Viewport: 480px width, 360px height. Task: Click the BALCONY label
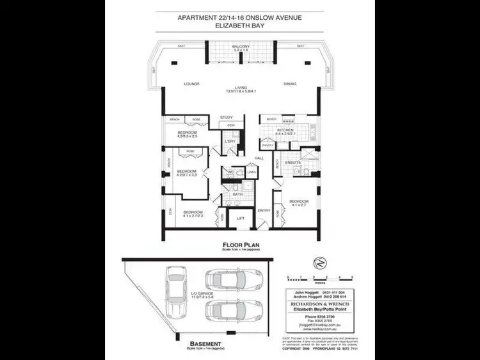(x=241, y=47)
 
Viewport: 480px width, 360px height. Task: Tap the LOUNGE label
(x=192, y=84)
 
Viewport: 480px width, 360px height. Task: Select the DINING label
(x=291, y=84)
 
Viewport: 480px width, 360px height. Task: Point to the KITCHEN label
(x=285, y=130)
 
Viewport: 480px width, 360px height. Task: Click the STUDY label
(x=226, y=117)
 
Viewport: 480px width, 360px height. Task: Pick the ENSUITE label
(x=292, y=163)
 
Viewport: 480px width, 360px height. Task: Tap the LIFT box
(x=241, y=218)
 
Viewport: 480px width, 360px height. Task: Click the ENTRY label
(x=264, y=210)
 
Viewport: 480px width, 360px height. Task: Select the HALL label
(x=259, y=158)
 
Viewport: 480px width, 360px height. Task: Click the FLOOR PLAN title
(x=240, y=245)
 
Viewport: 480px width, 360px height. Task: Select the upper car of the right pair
(x=234, y=280)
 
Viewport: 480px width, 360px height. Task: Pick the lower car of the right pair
(x=234, y=311)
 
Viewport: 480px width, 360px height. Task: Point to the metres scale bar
(x=320, y=279)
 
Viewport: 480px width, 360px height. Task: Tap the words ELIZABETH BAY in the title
(x=240, y=28)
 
